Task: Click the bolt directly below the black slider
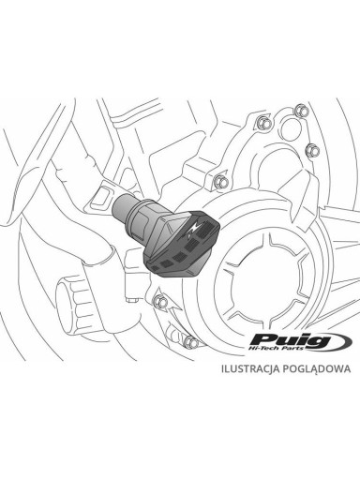tap(160, 301)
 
